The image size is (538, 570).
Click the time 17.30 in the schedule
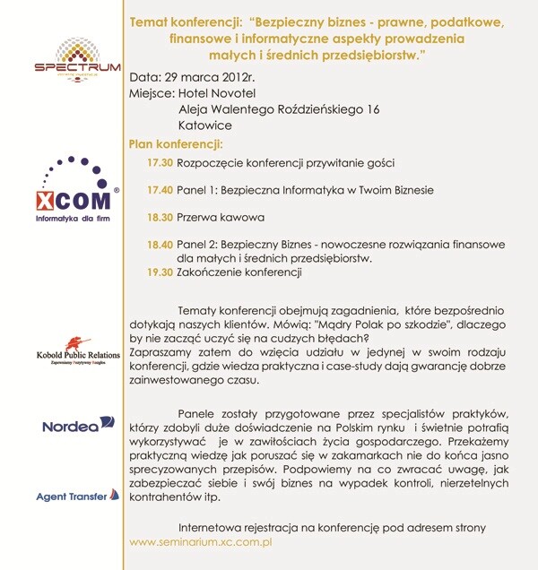click(x=161, y=163)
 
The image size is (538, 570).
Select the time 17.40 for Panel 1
click(x=161, y=191)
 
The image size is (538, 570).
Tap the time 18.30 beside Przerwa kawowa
click(x=161, y=218)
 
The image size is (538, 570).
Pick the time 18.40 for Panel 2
click(x=161, y=245)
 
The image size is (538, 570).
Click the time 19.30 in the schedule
click(x=161, y=272)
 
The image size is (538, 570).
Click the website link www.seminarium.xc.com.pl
click(x=201, y=542)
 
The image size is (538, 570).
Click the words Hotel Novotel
click(x=221, y=92)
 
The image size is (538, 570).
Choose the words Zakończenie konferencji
click(x=239, y=272)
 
